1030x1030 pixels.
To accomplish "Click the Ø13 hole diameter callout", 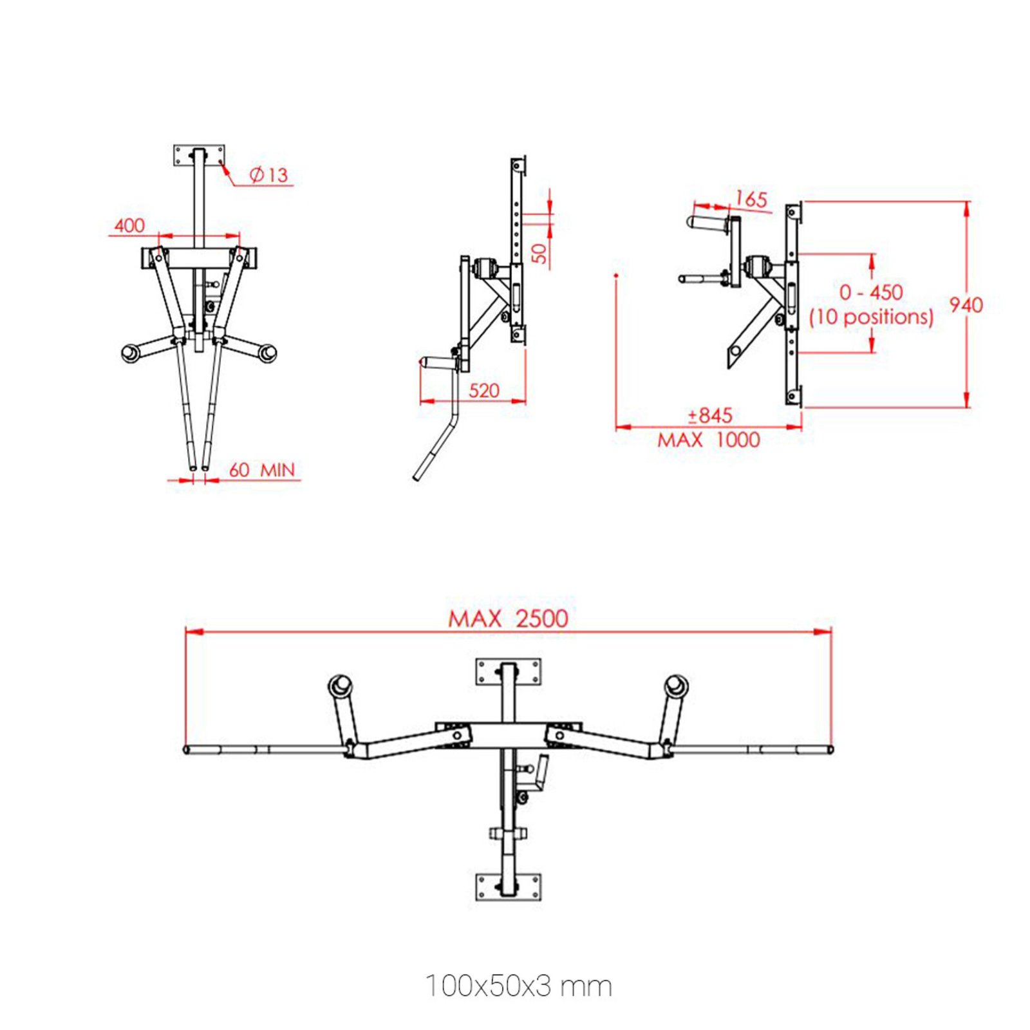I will (268, 174).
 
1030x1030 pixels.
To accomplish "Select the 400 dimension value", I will (129, 225).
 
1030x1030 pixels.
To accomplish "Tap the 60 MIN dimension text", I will (261, 470).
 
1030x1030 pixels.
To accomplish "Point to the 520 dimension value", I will (484, 390).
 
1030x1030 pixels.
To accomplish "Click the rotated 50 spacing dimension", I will (539, 252).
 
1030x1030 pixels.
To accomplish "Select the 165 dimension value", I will (751, 199).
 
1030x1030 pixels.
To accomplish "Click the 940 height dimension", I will (966, 304).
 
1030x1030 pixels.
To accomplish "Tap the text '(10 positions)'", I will (871, 317).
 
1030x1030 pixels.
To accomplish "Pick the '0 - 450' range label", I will (871, 292).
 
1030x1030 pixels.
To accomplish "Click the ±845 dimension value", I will (709, 415).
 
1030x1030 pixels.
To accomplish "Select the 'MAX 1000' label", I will (708, 440).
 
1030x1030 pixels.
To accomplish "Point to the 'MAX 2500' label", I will (508, 619).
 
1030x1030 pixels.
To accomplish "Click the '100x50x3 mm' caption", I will (518, 986).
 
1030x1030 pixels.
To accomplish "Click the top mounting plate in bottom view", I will (508, 671).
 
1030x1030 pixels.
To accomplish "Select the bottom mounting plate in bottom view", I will (508, 886).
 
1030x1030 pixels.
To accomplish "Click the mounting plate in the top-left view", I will (199, 155).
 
